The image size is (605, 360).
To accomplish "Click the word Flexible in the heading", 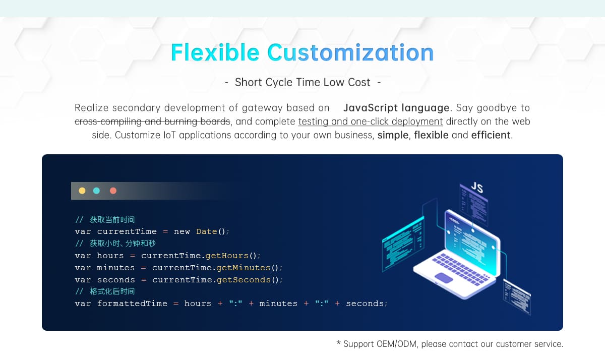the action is pos(215,52).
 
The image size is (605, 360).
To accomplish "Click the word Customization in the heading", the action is pos(350,52).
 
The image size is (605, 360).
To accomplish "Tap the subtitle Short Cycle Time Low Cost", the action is pos(302,82).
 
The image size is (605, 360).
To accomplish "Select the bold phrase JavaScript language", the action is pos(396,108).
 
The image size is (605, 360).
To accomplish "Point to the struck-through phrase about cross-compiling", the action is pos(152,122).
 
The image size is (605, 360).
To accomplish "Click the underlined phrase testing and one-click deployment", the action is pos(370,122).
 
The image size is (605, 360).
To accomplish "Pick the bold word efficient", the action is pos(491,135).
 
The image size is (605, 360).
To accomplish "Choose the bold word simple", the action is pos(393,135).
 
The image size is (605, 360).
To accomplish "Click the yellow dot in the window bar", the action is pos(82,191).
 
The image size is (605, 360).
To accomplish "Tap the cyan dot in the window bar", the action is pos(96,191).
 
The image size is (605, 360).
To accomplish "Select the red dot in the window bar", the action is pos(113,191).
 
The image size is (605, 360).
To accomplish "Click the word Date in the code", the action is pos(207,231).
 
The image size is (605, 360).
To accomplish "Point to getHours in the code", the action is pos(227,256).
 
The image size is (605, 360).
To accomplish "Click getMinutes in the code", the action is pos(244,268).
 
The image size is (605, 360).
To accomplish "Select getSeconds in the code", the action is pos(244,280).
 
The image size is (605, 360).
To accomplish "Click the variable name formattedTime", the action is pos(132,304).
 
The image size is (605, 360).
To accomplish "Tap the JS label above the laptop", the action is pos(477,187).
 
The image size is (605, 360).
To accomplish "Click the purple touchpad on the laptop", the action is pos(444,278).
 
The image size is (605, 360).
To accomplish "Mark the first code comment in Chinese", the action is pos(105,219).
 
